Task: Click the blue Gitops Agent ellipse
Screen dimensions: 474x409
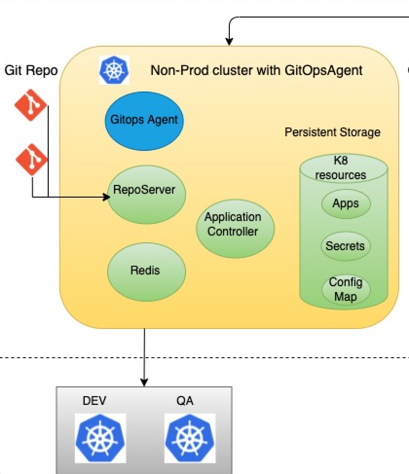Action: tap(144, 119)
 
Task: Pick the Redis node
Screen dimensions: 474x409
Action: tap(146, 271)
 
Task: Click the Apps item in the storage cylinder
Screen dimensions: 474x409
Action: tap(345, 204)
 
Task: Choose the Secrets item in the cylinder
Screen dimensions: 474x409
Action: tap(345, 246)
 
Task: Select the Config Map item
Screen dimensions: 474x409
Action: tap(346, 289)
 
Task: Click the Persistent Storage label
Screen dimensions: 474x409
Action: tap(332, 132)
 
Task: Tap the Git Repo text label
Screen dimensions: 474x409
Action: tap(31, 71)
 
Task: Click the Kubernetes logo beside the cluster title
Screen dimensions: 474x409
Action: tap(114, 71)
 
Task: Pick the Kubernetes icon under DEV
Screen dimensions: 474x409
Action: tap(100, 438)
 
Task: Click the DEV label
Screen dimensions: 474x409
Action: tap(94, 401)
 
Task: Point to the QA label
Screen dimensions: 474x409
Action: tap(185, 401)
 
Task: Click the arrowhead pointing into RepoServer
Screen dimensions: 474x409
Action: tap(106, 197)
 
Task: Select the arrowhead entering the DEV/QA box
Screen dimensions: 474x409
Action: tap(144, 383)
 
